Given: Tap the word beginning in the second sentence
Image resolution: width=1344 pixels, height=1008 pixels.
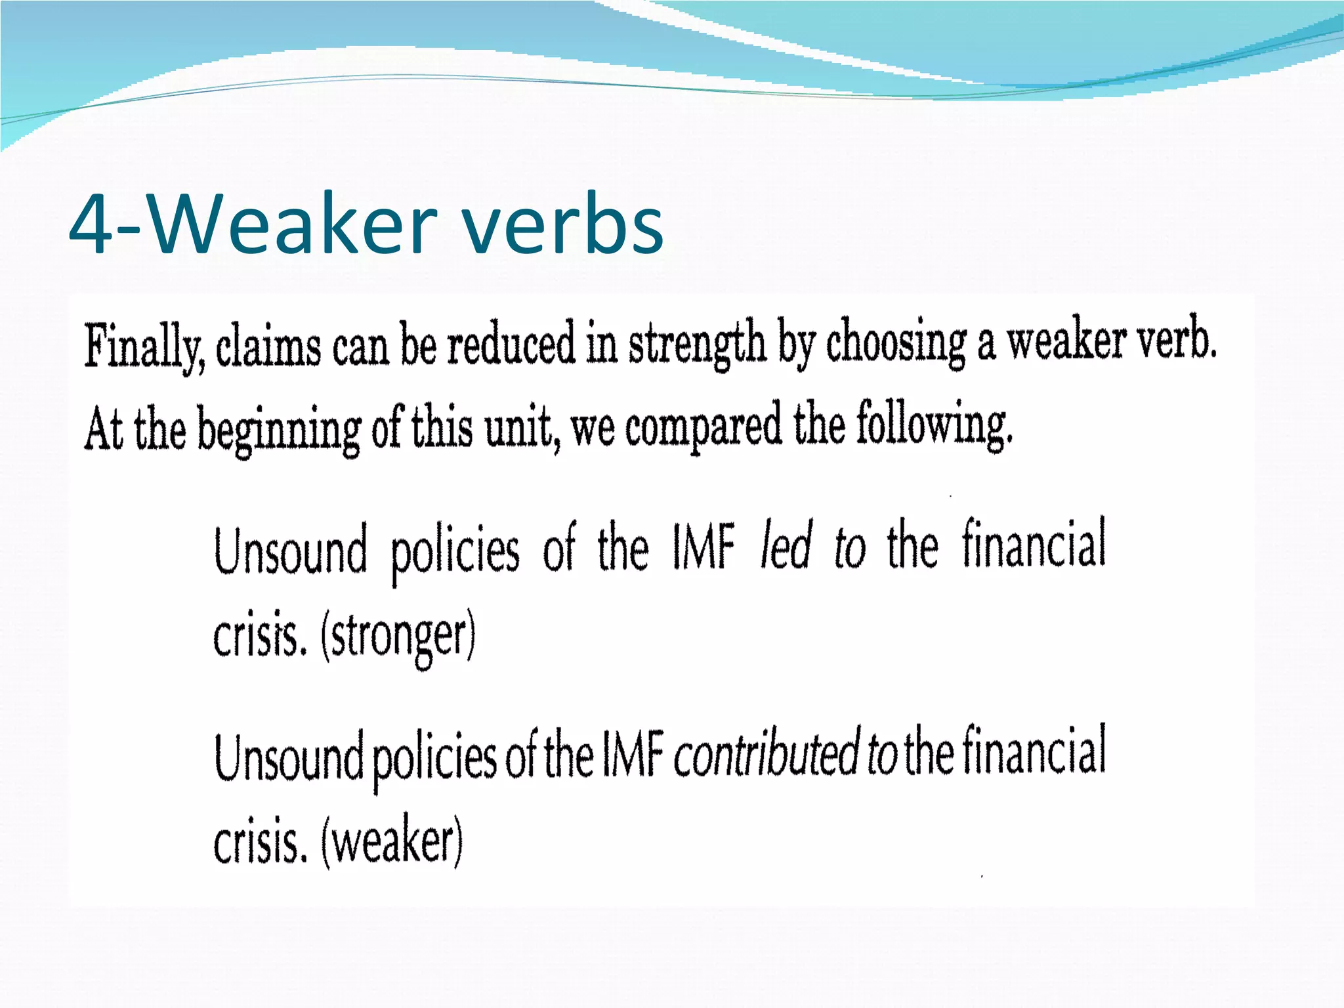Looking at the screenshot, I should tap(279, 430).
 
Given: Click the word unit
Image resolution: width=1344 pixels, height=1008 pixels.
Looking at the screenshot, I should tap(522, 428).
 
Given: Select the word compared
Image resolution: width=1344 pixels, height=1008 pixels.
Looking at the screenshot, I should tap(703, 427).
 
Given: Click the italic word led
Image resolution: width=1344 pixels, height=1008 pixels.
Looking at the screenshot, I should tap(786, 547).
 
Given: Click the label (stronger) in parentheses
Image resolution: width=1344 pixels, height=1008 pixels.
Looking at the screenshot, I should tap(398, 637).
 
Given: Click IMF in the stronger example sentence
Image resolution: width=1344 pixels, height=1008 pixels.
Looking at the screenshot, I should tap(703, 549).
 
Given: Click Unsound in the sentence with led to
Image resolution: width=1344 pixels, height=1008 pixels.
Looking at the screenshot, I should tap(291, 551).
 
